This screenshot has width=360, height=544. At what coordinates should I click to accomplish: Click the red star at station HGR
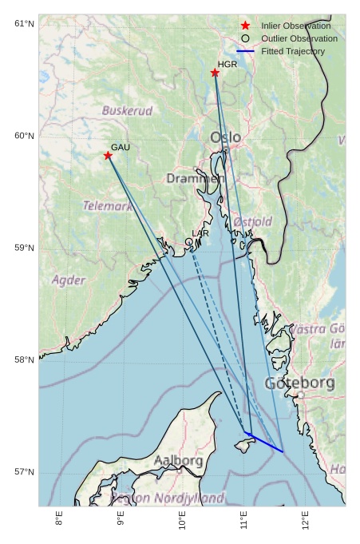(215, 73)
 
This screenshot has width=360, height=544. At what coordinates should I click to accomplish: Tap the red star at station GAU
(108, 156)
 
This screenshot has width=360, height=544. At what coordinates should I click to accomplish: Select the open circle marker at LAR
(189, 241)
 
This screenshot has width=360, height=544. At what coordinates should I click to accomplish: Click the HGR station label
(227, 64)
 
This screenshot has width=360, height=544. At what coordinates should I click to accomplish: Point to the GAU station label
(121, 147)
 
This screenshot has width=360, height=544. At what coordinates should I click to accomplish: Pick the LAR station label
(200, 233)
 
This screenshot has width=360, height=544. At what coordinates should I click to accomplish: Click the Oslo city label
(225, 137)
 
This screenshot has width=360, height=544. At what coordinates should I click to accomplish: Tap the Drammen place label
(194, 178)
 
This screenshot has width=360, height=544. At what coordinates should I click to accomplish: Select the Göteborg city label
(300, 383)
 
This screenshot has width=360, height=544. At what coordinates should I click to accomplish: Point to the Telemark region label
(108, 205)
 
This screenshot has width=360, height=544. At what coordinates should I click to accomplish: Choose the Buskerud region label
(127, 110)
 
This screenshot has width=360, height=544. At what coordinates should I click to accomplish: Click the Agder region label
(69, 280)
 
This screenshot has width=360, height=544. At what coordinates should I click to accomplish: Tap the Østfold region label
(253, 221)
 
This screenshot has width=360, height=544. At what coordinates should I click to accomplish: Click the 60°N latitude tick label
(25, 136)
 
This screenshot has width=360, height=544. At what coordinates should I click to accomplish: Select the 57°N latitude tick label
(25, 472)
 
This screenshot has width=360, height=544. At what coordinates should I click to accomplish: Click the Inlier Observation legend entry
(295, 26)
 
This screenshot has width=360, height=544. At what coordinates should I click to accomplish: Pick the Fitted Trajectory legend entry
(292, 51)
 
